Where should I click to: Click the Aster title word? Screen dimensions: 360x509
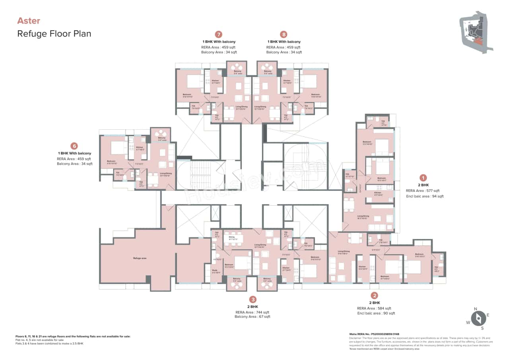29,21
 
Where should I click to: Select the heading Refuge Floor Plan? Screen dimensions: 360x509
54,33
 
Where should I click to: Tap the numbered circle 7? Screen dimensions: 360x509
218,35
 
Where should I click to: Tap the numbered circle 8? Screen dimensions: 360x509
284,35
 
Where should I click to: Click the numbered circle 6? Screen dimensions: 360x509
74,146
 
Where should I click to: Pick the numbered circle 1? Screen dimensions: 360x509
424,178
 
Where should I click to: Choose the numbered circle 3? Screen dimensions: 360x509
253,300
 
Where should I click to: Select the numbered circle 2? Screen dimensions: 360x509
374,295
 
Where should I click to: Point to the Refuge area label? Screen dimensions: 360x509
140,258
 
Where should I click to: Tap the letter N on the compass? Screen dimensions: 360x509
475,309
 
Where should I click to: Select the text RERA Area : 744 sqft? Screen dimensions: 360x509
253,312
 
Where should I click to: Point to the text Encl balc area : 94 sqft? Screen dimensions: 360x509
424,196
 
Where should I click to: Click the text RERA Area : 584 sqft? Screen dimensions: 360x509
374,308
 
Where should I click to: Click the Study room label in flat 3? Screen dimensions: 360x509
215,271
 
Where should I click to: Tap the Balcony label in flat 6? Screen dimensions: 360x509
162,138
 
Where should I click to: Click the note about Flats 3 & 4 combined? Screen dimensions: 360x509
49,343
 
